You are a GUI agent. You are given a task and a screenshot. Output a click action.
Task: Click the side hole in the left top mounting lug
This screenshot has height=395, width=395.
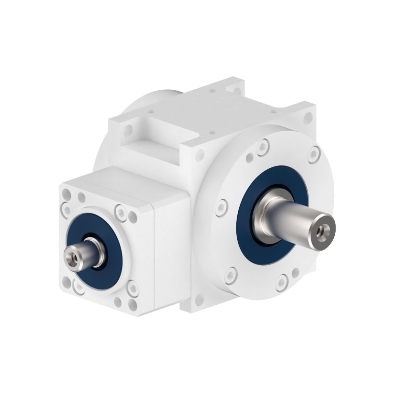pos(128,130)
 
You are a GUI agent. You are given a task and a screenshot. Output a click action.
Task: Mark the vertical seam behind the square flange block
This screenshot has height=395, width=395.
pos(153,256)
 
